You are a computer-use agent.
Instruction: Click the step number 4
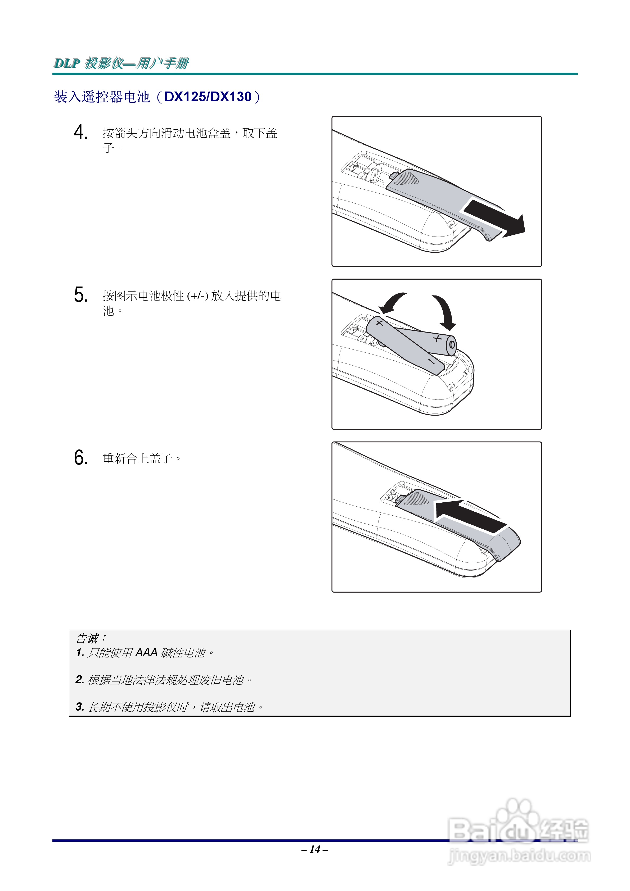pyautogui.click(x=80, y=132)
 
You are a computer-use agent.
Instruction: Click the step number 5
pyautogui.click(x=80, y=295)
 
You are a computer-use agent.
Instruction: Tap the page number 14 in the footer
pyautogui.click(x=315, y=849)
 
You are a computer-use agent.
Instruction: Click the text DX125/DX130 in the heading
pyautogui.click(x=208, y=97)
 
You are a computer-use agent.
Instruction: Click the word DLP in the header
pyautogui.click(x=67, y=63)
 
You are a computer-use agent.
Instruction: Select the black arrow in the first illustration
pyautogui.click(x=495, y=219)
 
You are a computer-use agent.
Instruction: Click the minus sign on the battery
pyautogui.click(x=431, y=361)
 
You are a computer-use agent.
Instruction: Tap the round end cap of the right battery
pyautogui.click(x=452, y=345)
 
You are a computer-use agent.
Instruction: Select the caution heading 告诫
pyautogui.click(x=87, y=638)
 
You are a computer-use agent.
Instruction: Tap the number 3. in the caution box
pyautogui.click(x=80, y=707)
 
